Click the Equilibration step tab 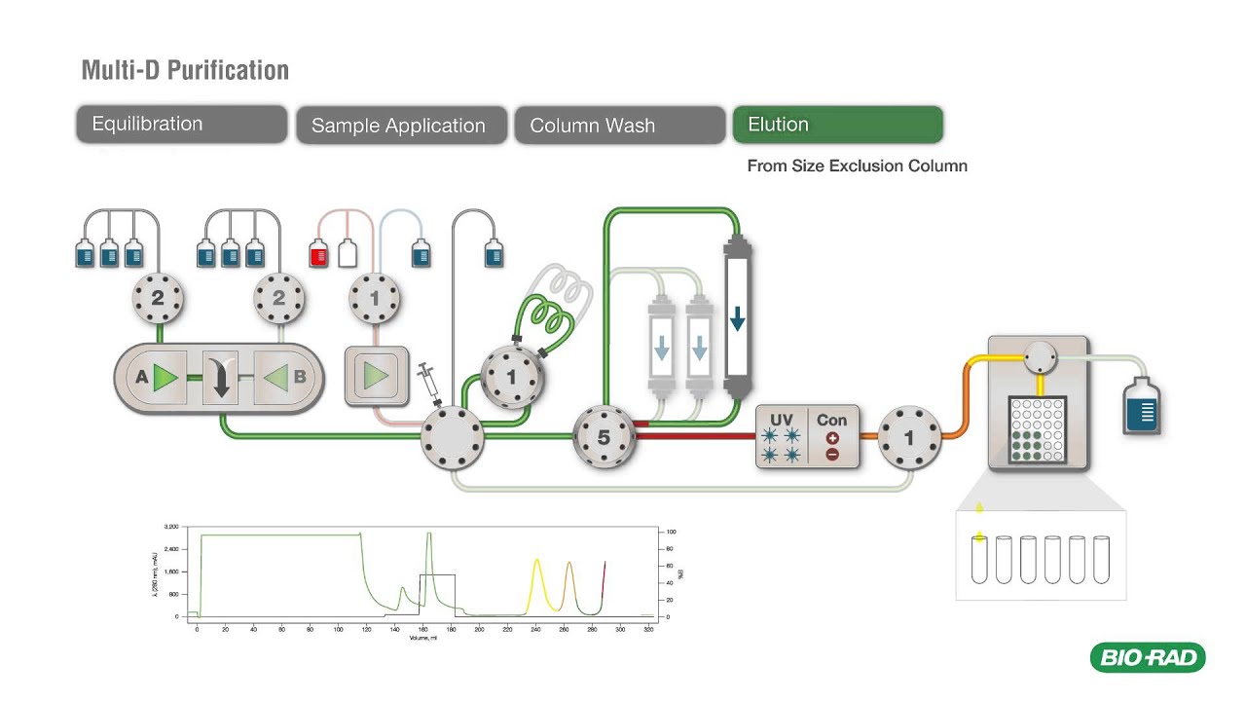182,125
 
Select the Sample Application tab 401,126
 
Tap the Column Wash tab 619,126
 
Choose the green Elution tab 837,125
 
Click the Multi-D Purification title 185,70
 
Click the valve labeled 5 604,437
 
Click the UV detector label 782,421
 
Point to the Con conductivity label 831,421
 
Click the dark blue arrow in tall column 737,317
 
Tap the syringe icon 428,384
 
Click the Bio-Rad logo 1148,658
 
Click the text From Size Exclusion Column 857,166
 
